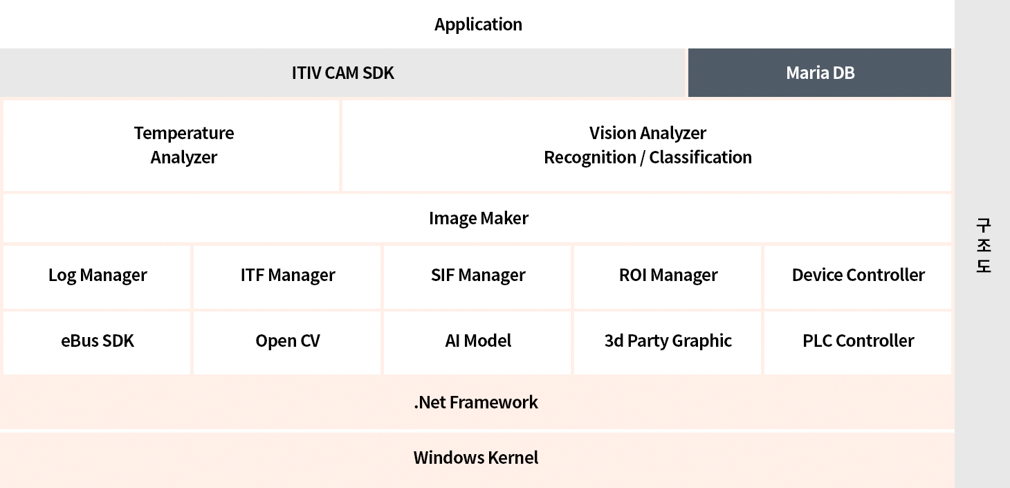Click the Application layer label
(478, 24)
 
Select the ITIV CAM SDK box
(342, 73)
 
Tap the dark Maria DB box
(819, 73)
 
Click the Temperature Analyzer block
(171, 145)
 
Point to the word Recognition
(590, 157)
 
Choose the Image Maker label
(479, 218)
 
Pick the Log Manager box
(97, 277)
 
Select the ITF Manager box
(287, 277)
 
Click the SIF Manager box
(477, 277)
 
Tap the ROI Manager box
(668, 277)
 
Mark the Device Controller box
(858, 277)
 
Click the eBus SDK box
(97, 343)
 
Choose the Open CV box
(287, 343)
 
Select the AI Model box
(477, 343)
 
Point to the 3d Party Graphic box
(668, 343)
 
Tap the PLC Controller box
(858, 343)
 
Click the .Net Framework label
(476, 402)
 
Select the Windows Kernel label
(476, 458)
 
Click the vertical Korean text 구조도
(984, 245)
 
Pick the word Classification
(700, 157)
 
